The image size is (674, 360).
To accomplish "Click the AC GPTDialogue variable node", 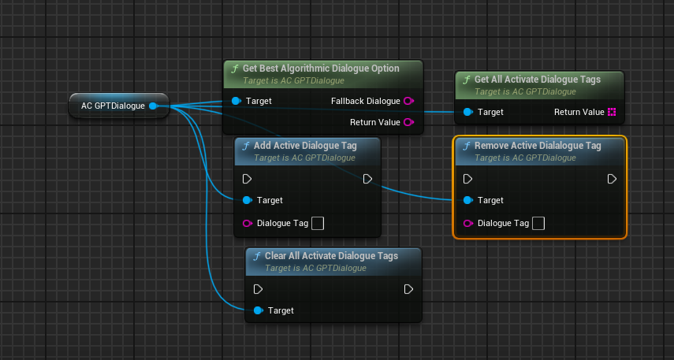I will tap(113, 106).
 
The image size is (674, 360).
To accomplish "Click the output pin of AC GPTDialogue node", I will tap(153, 106).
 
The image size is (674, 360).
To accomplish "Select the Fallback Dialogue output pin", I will tap(408, 101).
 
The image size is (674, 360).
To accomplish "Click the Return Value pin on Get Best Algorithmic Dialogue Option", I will tap(408, 122).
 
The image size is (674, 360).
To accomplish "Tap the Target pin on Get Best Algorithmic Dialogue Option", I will tap(236, 101).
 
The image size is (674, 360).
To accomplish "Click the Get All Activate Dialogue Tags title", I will tap(537, 79).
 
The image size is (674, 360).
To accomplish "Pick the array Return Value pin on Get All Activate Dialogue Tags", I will tap(611, 112).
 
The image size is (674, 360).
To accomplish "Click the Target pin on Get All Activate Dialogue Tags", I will tap(468, 112).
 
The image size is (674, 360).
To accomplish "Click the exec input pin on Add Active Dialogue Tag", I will tap(248, 179).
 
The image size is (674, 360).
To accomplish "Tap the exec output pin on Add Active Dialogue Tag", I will tap(367, 179).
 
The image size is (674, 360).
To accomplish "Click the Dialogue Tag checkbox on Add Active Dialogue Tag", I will tap(318, 223).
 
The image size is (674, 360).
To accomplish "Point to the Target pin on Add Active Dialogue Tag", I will tap(248, 200).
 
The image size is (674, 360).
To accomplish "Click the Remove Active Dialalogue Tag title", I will tap(538, 146).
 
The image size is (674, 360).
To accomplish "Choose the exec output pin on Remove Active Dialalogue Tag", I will tap(612, 179).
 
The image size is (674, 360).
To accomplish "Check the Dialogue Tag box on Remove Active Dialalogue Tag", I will tap(538, 223).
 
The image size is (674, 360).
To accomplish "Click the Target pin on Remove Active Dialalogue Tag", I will tap(468, 200).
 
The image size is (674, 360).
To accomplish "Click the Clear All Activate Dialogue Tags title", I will tap(331, 256).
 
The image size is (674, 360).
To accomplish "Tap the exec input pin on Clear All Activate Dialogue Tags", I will tap(259, 289).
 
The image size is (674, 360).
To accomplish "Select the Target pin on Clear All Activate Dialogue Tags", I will tap(259, 310).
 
